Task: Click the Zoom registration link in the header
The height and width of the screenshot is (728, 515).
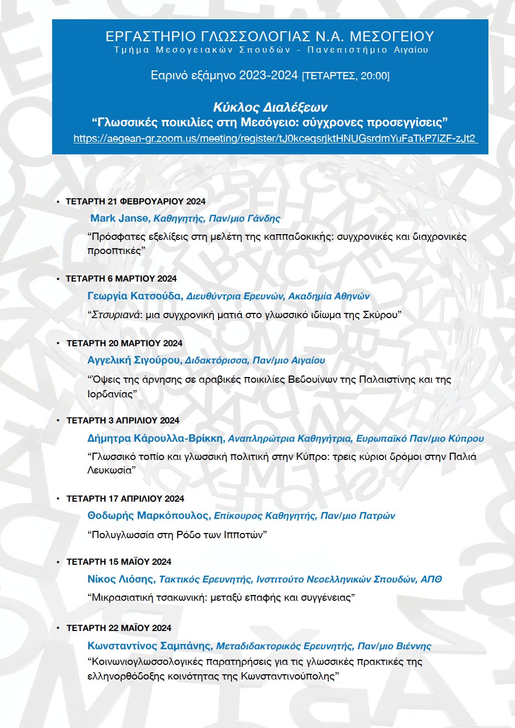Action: coord(275,139)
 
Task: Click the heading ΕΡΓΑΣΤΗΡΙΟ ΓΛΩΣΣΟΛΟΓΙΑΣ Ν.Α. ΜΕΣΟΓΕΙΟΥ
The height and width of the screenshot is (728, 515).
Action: coord(270,36)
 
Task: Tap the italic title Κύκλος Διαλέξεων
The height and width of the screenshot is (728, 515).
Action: coord(270,107)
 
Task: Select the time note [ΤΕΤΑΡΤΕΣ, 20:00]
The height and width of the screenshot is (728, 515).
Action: coord(346,76)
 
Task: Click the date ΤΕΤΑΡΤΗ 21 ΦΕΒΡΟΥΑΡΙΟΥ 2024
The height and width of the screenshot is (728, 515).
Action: coord(136,201)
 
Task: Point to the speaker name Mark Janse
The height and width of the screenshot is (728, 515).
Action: coord(120,219)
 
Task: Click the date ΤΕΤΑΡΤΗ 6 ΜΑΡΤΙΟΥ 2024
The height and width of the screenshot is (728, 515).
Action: coord(121,278)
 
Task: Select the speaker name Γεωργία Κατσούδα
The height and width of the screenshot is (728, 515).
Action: coord(134,296)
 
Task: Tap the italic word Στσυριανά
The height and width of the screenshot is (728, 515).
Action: coord(116,315)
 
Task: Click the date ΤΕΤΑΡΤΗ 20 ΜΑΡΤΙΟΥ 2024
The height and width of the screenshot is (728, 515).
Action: coord(124,343)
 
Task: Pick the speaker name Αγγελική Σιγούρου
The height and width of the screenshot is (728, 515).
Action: coord(134,360)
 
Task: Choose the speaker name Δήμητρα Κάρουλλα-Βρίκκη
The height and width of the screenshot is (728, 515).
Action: coord(155,439)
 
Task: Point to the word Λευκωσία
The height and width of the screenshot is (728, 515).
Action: coord(109,470)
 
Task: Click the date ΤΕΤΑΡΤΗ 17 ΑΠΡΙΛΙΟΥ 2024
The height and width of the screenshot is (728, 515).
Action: coord(125,499)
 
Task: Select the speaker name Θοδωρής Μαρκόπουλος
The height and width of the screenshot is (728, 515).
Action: coord(148,516)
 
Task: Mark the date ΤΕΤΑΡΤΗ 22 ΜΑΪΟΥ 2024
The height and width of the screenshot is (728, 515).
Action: coord(119,628)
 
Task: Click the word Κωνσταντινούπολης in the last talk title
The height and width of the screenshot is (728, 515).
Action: coord(288,676)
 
